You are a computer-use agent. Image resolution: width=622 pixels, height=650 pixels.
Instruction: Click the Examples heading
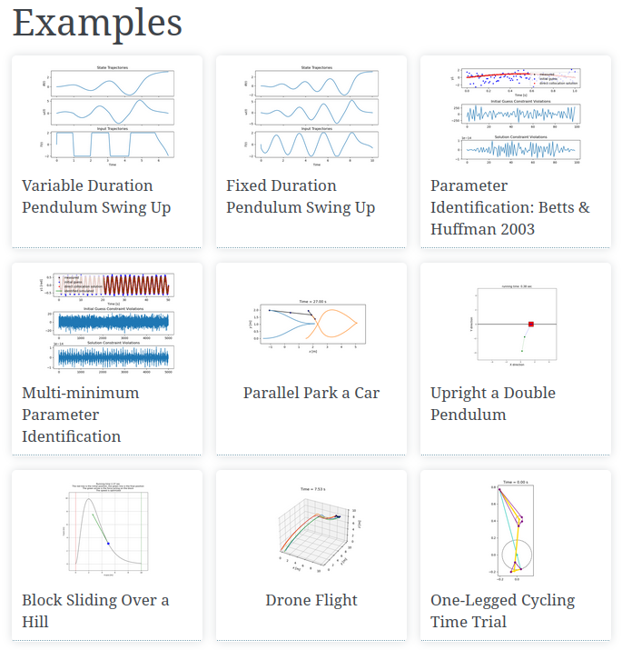click(x=97, y=23)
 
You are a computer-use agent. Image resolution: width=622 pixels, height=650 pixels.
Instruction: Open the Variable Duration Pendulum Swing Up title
click(x=96, y=196)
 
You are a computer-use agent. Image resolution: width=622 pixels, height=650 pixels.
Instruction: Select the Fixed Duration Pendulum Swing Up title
click(x=300, y=196)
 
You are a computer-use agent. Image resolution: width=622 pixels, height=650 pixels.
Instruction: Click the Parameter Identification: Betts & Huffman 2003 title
click(x=509, y=207)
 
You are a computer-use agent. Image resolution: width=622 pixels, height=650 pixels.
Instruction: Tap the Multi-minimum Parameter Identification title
click(x=80, y=415)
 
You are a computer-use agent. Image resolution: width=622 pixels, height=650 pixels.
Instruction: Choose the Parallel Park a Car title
click(x=311, y=393)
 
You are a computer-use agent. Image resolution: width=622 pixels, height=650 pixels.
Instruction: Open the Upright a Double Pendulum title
click(x=492, y=404)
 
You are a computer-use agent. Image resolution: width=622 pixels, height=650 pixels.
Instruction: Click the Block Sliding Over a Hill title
click(x=95, y=611)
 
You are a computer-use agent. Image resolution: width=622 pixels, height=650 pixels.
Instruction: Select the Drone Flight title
click(x=311, y=600)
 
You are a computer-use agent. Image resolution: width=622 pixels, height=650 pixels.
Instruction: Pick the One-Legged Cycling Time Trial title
click(x=502, y=611)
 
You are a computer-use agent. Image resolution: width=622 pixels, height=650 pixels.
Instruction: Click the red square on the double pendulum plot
click(x=531, y=324)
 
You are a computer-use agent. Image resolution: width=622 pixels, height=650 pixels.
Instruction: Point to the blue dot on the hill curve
click(x=109, y=543)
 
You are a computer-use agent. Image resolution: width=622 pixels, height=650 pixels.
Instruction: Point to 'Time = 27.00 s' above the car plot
click(x=312, y=299)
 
